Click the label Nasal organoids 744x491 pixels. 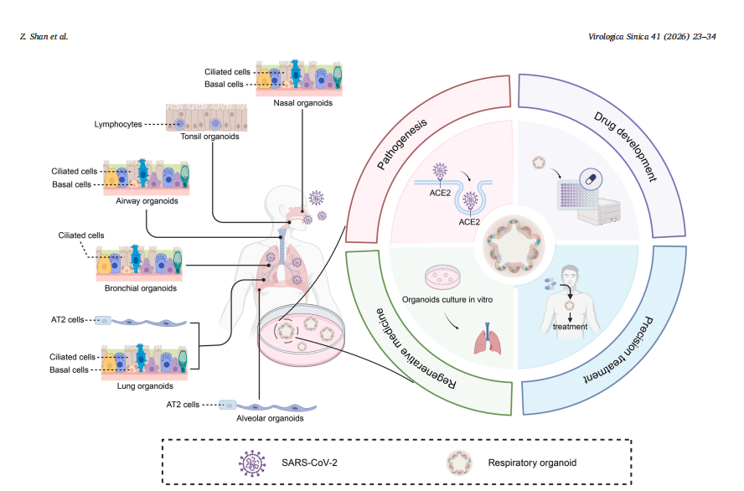click(303, 103)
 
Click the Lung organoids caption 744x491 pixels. click(144, 386)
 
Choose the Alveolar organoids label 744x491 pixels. click(270, 418)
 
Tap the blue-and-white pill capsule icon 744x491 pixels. click(590, 178)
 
